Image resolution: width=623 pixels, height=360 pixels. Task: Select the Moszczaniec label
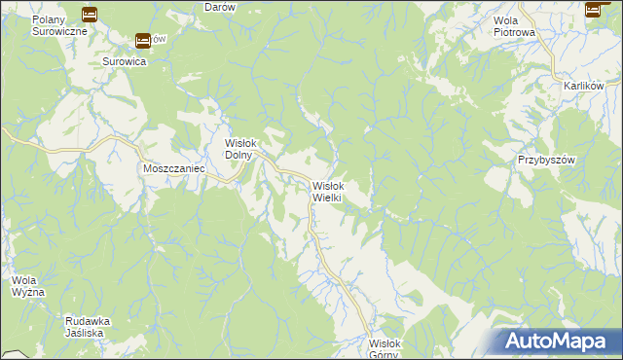click(171, 168)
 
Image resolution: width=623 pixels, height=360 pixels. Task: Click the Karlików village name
click(584, 86)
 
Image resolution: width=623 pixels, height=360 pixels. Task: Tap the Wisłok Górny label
click(385, 347)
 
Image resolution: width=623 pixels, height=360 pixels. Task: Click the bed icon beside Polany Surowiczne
click(90, 14)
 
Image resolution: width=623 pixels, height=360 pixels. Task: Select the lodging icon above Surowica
click(143, 40)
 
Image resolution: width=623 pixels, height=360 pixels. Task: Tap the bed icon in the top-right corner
click(593, 10)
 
